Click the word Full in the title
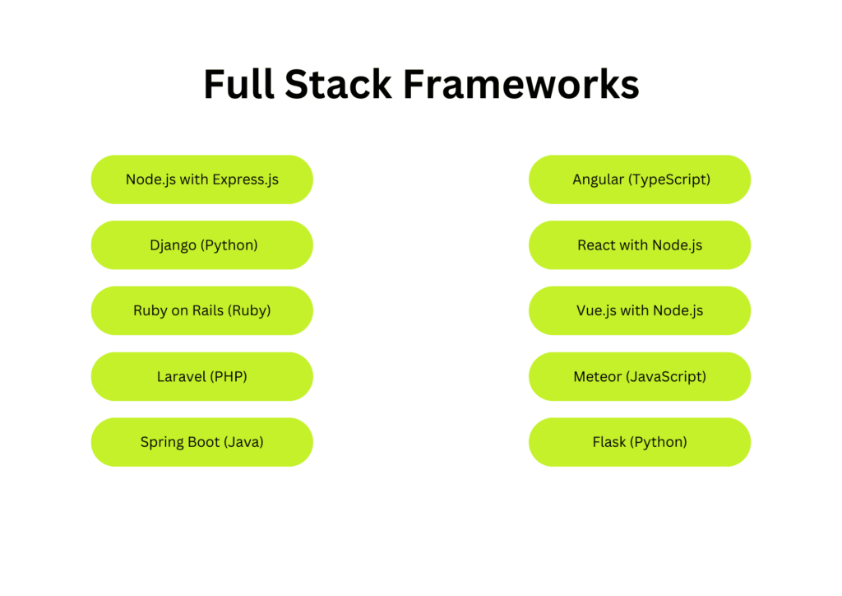click(239, 84)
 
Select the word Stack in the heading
click(338, 84)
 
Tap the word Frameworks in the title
click(520, 84)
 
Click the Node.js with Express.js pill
click(202, 179)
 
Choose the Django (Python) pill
click(202, 245)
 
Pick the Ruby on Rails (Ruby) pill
click(202, 310)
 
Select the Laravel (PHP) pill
click(202, 376)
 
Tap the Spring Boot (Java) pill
click(202, 442)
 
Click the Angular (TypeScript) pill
click(640, 179)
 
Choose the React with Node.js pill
click(640, 245)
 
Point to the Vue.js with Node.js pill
click(640, 310)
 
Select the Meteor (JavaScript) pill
click(640, 376)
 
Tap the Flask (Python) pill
click(640, 442)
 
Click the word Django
click(173, 246)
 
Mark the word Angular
click(599, 180)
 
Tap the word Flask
click(609, 442)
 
